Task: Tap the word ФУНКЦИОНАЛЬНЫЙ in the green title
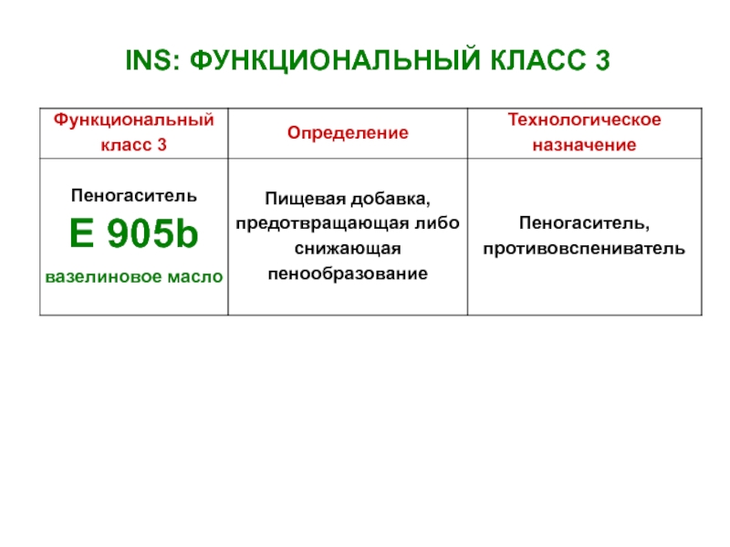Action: tap(335, 60)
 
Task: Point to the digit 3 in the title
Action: tap(602, 60)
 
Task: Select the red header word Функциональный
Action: tap(134, 120)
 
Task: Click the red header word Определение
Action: tap(348, 133)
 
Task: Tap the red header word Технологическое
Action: tap(584, 119)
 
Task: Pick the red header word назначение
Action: tap(584, 145)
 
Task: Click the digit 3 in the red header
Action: tap(162, 145)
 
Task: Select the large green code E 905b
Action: tap(134, 233)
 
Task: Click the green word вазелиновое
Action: tap(104, 277)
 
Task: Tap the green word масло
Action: tap(195, 277)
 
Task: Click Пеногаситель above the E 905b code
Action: tap(134, 196)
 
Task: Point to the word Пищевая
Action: tap(306, 199)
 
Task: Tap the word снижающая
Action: tap(348, 249)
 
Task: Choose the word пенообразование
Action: tap(348, 273)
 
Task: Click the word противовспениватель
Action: tap(584, 249)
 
